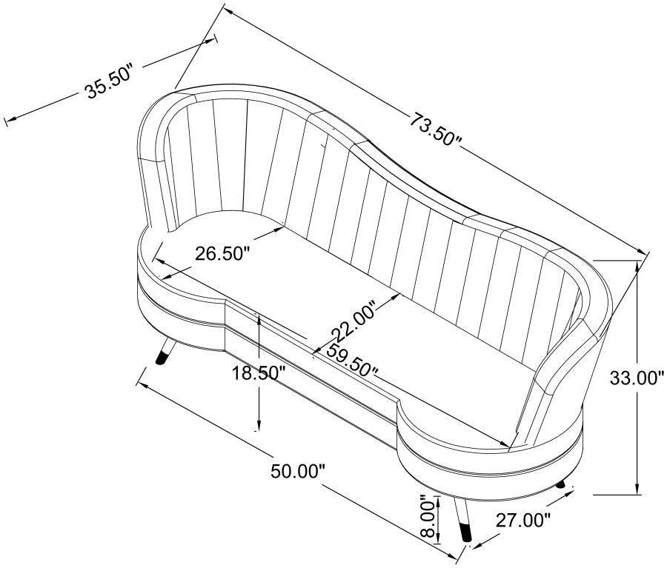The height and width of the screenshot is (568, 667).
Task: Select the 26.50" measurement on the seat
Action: point(222,254)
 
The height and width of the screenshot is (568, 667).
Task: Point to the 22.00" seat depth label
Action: point(354,322)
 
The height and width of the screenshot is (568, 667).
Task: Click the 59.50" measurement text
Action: point(352,360)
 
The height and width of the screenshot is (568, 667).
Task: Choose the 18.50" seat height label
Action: point(258,373)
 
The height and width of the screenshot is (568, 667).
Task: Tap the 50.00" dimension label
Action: point(298,471)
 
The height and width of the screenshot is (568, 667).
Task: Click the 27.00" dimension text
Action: point(522,521)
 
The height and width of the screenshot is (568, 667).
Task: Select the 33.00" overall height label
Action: point(637,378)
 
